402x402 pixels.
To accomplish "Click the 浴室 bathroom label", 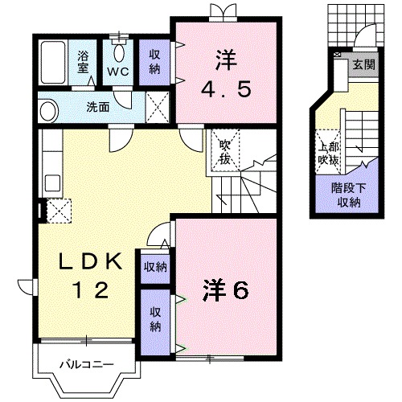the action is pos(83,62).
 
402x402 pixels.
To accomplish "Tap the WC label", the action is pos(118,72).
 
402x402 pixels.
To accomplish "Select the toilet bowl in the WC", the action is pos(119,53).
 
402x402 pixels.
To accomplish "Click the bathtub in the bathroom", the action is pos(53,63).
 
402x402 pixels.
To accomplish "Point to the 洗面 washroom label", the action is pos(98,107).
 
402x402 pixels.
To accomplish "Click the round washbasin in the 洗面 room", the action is pos(48,111).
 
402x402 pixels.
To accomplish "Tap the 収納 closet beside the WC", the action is pos(154,62).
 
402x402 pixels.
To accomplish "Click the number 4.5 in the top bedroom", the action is pos(227,89).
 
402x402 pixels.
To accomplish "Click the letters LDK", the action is pos(91,261).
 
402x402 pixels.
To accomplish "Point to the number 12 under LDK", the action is pos(91,290).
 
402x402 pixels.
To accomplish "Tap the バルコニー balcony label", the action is pos(87,364).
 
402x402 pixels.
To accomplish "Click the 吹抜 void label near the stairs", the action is pos(225,153).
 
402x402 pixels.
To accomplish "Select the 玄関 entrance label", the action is pos(363,64).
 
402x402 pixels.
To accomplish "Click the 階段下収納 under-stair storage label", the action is pos(349,195).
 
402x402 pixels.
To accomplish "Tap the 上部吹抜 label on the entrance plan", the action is pos(328,154).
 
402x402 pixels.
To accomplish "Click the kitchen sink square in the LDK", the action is pos(52,183).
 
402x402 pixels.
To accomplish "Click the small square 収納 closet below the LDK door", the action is pos(155,267).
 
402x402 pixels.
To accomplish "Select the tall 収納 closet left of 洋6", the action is pos(155,322).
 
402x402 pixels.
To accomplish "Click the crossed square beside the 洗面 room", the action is pos(158,107).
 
